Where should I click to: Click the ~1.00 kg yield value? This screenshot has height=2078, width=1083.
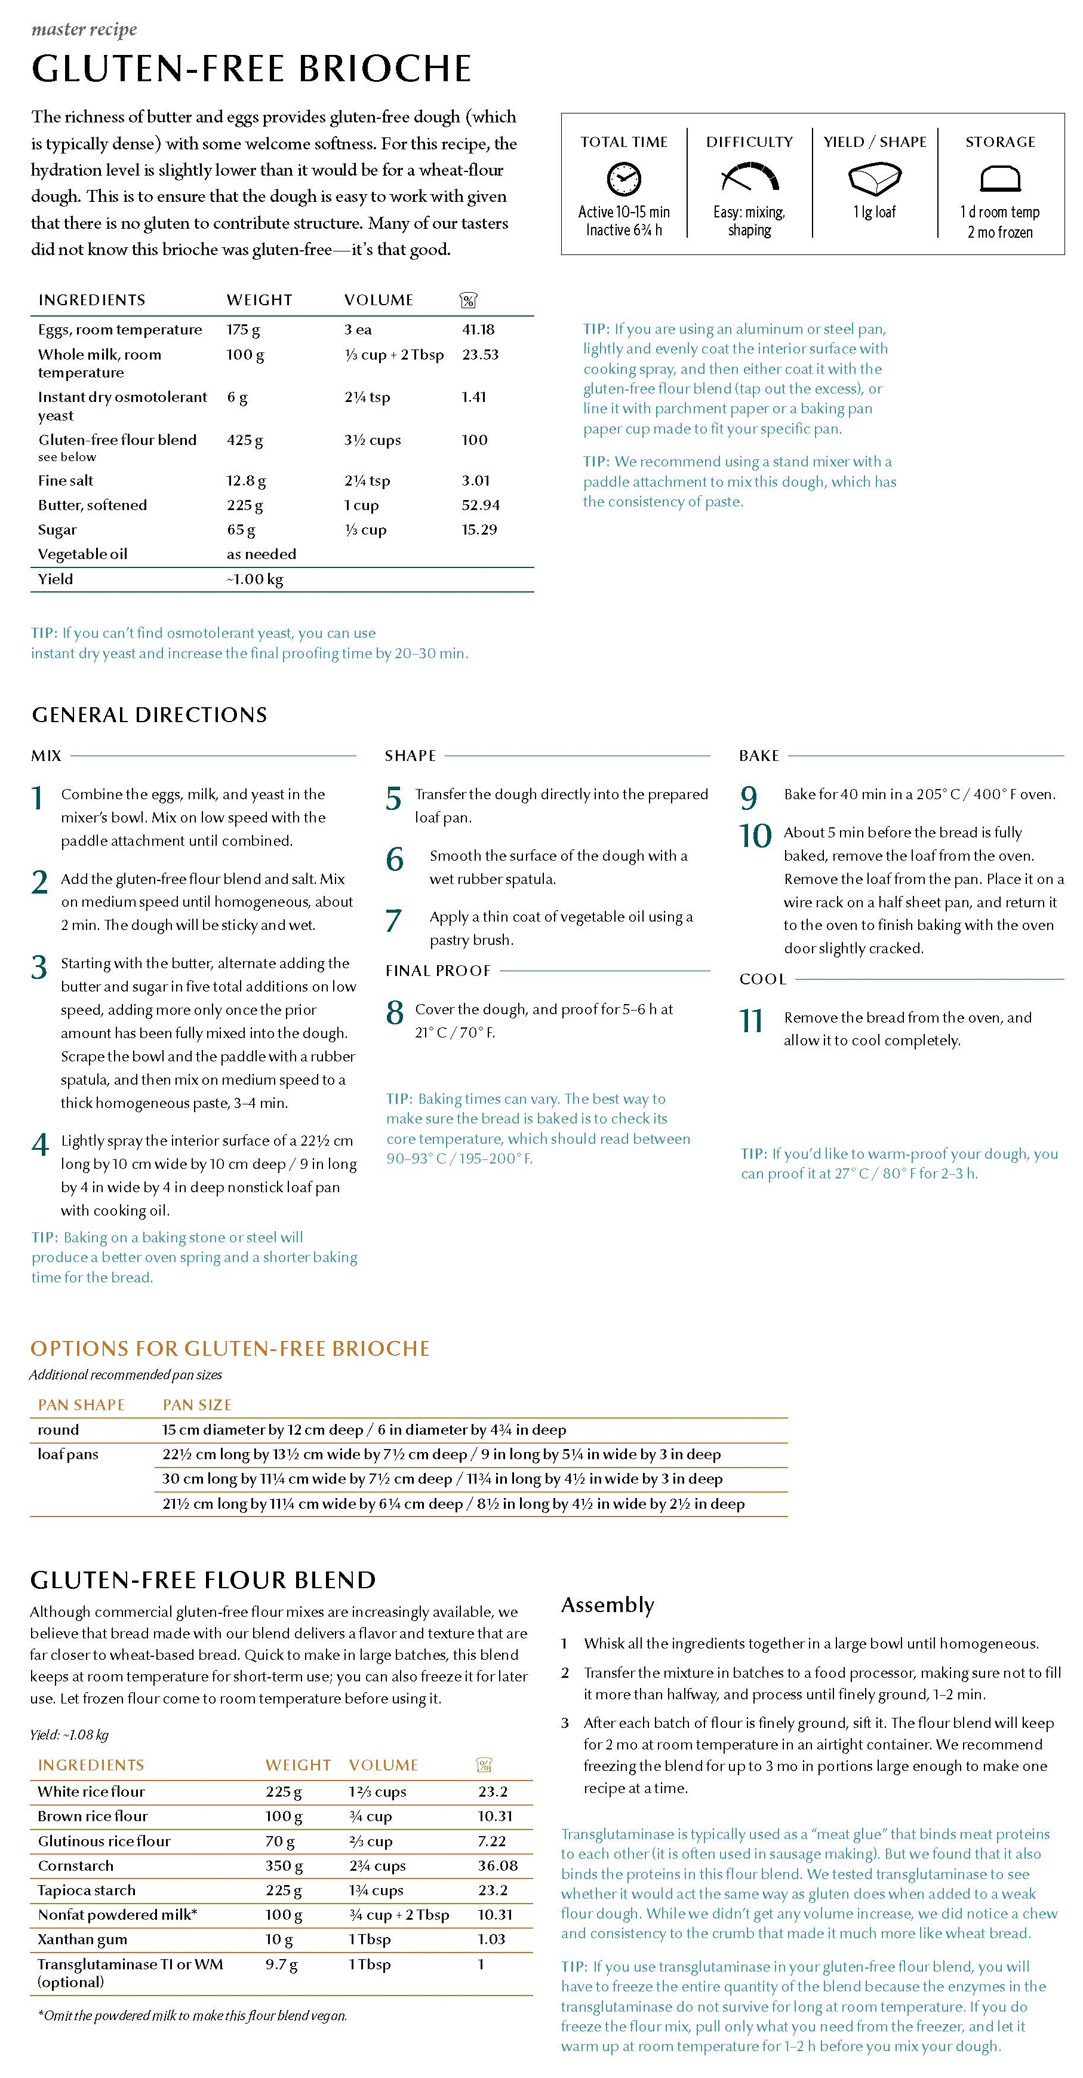[255, 579]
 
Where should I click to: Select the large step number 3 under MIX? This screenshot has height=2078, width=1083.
[39, 966]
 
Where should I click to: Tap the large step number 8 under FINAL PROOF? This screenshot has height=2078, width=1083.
[394, 1012]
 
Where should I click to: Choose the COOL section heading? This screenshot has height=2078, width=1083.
[762, 980]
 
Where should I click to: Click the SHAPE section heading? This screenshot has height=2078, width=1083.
[410, 756]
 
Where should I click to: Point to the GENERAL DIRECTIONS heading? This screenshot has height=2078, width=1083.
[149, 715]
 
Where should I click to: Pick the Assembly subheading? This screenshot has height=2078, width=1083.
[607, 1606]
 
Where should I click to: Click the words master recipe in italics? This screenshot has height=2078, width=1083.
[84, 30]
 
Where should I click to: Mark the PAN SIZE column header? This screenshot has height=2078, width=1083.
[197, 1405]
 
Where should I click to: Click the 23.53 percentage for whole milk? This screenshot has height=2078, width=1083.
[480, 354]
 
